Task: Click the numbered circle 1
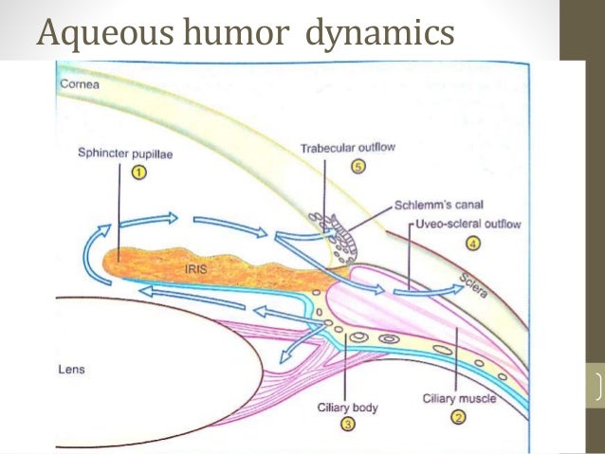click(138, 172)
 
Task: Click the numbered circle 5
click(357, 167)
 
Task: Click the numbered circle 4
click(473, 244)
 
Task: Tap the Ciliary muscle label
click(459, 399)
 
